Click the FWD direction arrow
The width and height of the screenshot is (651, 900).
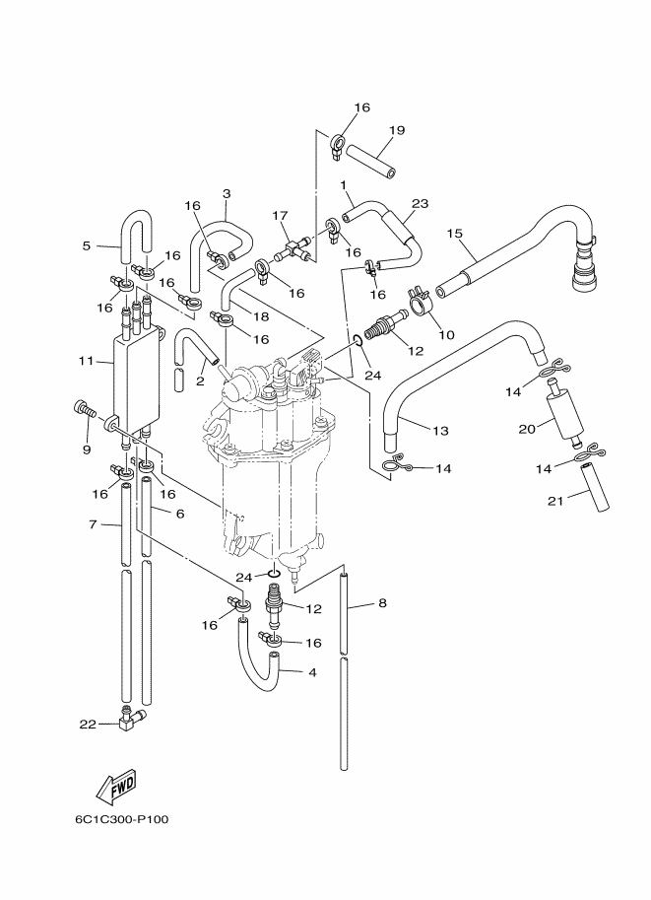pyautogui.click(x=116, y=786)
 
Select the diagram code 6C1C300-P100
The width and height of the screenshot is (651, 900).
pyautogui.click(x=121, y=819)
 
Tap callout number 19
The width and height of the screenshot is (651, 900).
pyautogui.click(x=397, y=130)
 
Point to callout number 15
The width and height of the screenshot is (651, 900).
pyautogui.click(x=454, y=234)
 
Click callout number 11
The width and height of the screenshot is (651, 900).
pyautogui.click(x=86, y=361)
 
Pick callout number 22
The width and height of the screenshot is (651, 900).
pyautogui.click(x=88, y=725)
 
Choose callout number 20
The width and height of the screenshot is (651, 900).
pyautogui.click(x=527, y=429)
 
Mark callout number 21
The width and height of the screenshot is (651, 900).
pyautogui.click(x=555, y=501)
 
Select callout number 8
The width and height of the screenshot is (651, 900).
pyautogui.click(x=382, y=602)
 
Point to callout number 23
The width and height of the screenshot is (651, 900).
pyautogui.click(x=421, y=204)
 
